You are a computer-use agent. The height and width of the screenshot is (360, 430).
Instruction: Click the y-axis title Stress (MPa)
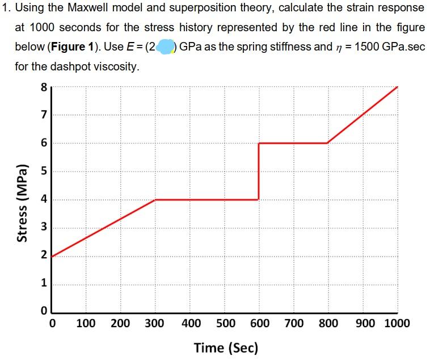coord(23,202)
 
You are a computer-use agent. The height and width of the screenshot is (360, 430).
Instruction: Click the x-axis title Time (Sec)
coord(225,347)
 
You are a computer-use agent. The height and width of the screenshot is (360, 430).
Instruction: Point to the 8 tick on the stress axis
coord(43,87)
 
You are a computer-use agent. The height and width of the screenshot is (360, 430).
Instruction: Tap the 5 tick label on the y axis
coord(43,171)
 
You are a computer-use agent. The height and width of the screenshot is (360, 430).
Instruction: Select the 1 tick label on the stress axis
coord(43,284)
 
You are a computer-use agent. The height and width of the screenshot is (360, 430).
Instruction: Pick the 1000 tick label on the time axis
coord(397,324)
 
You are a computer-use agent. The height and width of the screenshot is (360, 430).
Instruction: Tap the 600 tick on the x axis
coord(259,324)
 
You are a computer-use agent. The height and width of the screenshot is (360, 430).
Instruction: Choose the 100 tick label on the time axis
coord(85,324)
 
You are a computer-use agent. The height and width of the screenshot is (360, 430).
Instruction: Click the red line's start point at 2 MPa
coord(52,256)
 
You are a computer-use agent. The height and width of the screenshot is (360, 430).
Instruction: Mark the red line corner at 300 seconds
coord(155,200)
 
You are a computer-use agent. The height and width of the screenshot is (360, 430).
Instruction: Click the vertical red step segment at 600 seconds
coord(259,171)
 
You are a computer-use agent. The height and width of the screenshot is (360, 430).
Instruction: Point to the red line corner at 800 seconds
coord(327,143)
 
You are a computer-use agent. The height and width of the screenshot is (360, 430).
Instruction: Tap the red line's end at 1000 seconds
coord(397,87)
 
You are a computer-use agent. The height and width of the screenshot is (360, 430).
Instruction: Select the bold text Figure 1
coord(71,46)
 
